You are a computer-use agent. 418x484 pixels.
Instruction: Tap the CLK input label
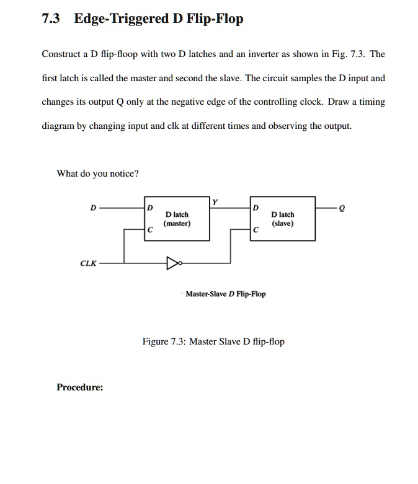88,263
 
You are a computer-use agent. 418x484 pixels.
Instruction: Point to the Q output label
341,209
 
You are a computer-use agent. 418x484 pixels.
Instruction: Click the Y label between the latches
215,202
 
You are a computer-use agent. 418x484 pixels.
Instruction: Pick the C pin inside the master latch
150,230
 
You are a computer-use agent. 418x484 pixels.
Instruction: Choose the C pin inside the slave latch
256,230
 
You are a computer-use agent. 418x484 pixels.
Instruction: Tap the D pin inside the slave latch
256,208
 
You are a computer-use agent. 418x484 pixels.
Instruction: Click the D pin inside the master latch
150,208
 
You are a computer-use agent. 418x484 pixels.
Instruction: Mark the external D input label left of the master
93,208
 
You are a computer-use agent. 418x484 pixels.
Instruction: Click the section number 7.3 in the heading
51,18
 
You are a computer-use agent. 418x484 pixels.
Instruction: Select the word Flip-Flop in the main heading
215,19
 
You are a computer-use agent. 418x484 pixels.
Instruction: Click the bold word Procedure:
80,387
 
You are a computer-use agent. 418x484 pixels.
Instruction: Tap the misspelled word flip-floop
119,54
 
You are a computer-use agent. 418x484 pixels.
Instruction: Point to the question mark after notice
136,174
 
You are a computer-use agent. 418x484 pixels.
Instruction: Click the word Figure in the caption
156,341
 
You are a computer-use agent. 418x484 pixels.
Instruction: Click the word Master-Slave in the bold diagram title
207,294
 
